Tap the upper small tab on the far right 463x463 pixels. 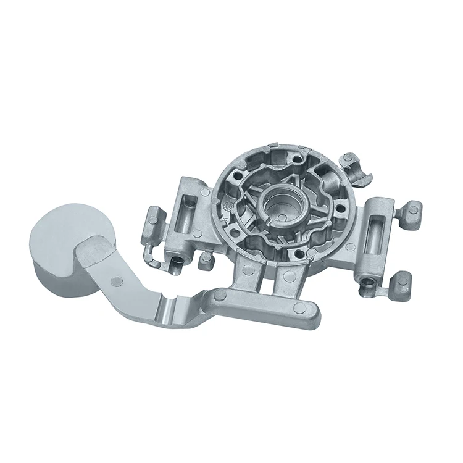411,211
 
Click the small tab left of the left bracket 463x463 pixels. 154,217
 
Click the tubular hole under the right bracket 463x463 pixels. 369,282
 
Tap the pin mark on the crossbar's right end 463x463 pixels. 299,307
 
